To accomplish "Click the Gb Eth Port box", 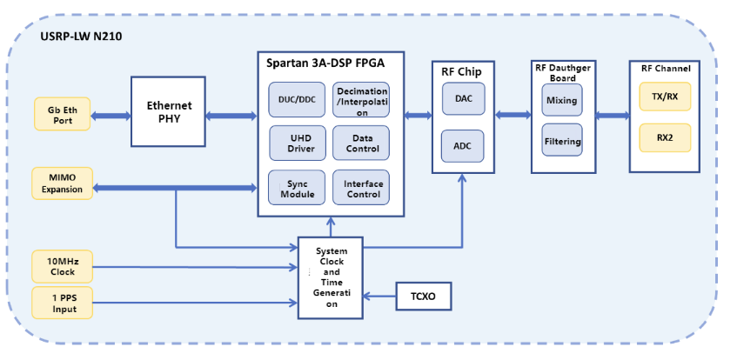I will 62,114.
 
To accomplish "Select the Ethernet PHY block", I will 169,112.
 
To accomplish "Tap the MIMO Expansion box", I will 62,183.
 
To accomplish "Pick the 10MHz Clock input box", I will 62,265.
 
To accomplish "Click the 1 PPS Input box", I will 62,302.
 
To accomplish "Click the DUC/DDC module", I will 297,100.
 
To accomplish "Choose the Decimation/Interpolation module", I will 361,101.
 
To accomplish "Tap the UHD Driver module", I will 297,143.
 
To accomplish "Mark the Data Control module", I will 361,143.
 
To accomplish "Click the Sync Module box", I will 297,188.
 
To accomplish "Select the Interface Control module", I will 361,188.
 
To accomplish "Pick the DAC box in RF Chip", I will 463,100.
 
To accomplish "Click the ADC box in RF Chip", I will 463,147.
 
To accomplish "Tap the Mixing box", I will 561,101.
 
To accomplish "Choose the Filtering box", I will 561,141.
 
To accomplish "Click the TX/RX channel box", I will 664,97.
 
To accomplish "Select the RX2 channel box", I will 664,137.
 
